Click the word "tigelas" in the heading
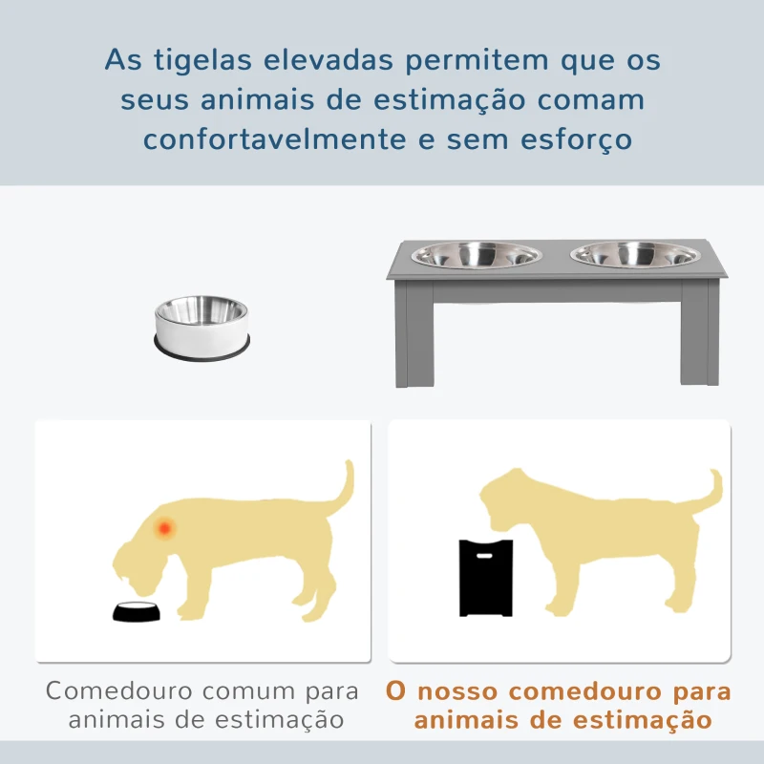(x=202, y=61)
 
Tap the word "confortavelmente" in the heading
(x=275, y=138)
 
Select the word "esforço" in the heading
(x=577, y=140)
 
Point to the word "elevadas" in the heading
(x=328, y=60)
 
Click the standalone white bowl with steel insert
(x=202, y=328)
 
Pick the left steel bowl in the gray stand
(x=476, y=255)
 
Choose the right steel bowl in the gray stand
(x=635, y=255)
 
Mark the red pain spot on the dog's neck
(x=164, y=528)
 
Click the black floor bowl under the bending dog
(x=136, y=611)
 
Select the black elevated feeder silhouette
(x=486, y=578)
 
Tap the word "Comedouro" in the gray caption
(x=118, y=690)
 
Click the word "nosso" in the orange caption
(x=457, y=691)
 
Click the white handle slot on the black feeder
(x=484, y=556)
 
